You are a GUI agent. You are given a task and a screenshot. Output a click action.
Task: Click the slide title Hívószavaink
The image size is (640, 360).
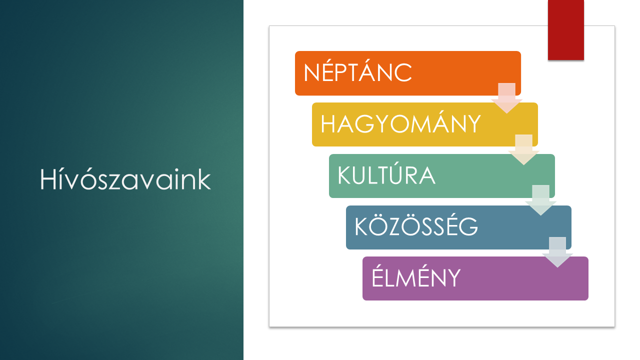[x=125, y=179]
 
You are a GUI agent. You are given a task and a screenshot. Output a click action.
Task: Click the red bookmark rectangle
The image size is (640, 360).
[x=565, y=29]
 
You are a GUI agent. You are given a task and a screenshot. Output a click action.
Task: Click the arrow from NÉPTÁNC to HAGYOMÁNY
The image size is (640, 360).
[x=507, y=98]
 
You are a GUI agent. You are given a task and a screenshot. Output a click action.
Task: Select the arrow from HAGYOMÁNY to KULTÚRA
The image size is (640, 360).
[x=523, y=149]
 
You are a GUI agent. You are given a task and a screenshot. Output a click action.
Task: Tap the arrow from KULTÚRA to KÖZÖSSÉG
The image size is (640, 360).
[x=540, y=200]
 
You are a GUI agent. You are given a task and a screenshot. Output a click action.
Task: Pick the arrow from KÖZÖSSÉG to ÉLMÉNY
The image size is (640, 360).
[x=557, y=252]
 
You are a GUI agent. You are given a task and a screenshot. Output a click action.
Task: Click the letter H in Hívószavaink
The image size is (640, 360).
[x=47, y=179]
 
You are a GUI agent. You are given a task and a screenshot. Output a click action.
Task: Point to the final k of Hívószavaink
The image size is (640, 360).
[x=204, y=178]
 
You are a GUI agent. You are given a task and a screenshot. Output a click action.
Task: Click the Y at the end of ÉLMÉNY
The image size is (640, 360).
[x=453, y=277]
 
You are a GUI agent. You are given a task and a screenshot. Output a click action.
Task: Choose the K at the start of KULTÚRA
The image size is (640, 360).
[x=345, y=175]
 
